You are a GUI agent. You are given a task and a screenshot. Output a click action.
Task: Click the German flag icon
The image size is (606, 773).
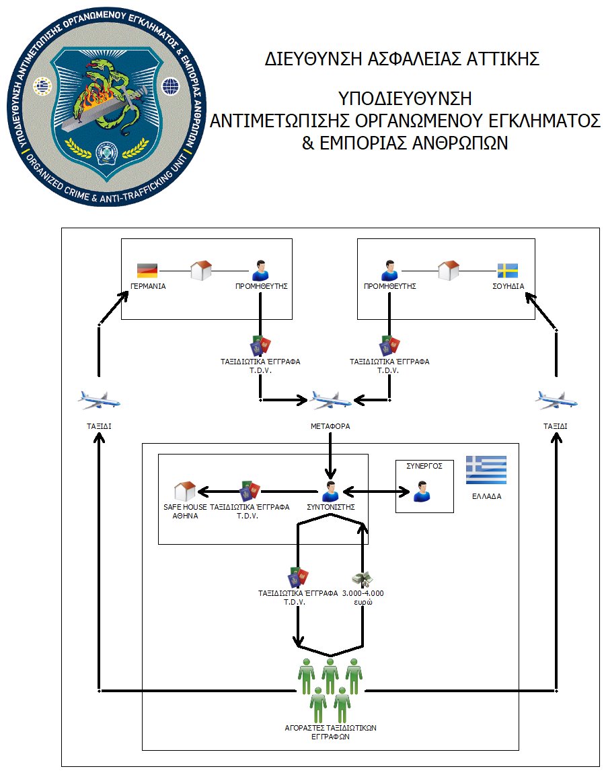pyautogui.click(x=147, y=270)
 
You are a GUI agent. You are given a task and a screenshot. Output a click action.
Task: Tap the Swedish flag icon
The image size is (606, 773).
pyautogui.click(x=508, y=271)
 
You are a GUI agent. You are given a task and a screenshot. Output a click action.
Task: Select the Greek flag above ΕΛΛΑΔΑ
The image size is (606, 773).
pyautogui.click(x=486, y=470)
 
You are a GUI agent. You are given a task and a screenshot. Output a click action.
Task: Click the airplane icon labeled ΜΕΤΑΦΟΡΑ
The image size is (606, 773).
pyautogui.click(x=330, y=400)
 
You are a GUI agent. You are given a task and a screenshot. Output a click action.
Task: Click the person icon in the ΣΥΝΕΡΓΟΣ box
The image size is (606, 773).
pyautogui.click(x=421, y=492)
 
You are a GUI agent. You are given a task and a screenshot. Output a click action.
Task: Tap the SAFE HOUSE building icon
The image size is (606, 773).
pyautogui.click(x=185, y=492)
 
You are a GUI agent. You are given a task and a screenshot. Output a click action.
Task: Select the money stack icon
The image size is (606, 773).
pyautogui.click(x=363, y=579)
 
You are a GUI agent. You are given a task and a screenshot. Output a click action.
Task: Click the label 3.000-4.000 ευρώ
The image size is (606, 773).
pyautogui.click(x=363, y=597)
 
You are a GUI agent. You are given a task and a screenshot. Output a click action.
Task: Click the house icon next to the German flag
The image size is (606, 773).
pyautogui.click(x=201, y=271)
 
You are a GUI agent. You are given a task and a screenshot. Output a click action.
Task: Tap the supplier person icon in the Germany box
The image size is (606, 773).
pyautogui.click(x=261, y=271)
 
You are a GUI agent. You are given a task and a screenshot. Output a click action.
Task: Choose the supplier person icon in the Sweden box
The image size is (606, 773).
pyautogui.click(x=389, y=271)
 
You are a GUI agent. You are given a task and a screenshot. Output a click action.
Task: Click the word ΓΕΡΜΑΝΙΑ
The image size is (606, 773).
pyautogui.click(x=148, y=286)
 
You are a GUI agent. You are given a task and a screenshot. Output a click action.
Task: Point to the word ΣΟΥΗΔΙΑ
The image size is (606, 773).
pyautogui.click(x=508, y=286)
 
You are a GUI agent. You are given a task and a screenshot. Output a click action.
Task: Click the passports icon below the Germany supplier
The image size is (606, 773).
pyautogui.click(x=260, y=345)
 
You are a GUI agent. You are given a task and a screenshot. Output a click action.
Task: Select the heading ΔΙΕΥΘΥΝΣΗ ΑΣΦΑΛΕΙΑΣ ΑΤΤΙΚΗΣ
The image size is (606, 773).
pyautogui.click(x=402, y=59)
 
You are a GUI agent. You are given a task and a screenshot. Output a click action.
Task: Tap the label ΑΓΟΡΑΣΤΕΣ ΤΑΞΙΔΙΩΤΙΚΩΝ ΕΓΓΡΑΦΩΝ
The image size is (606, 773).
pyautogui.click(x=330, y=732)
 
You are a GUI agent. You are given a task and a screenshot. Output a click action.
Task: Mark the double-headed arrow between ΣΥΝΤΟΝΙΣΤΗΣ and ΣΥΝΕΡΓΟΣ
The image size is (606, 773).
pyautogui.click(x=377, y=492)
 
